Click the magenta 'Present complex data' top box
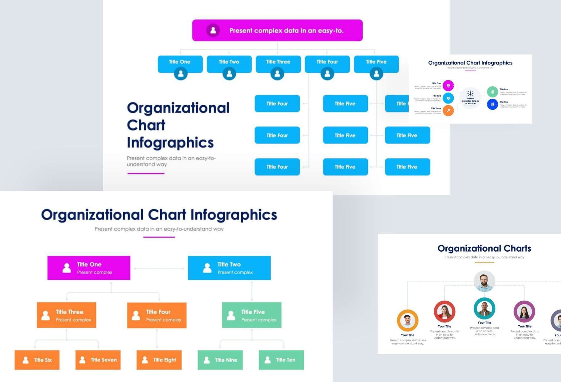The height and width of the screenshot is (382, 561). (277, 30)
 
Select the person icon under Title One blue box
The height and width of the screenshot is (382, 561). (181, 74)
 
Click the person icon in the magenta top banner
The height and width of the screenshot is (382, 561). (213, 30)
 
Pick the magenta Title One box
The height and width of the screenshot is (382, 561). (89, 268)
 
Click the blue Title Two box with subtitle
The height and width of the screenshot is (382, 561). (229, 268)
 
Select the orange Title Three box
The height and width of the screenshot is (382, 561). (66, 315)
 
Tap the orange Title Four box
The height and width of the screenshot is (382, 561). (157, 315)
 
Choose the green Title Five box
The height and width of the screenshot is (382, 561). (252, 315)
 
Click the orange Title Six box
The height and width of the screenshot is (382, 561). (37, 360)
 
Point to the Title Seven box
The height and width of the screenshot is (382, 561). (98, 360)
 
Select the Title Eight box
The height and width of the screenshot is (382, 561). (159, 360)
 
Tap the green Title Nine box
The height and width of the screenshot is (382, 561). (220, 360)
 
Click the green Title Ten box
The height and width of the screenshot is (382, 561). (281, 360)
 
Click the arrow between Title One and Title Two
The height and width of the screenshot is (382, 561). (159, 269)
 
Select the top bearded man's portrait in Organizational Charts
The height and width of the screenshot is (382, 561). (484, 281)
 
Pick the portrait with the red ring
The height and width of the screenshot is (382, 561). (444, 311)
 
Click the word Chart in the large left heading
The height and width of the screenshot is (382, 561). (146, 125)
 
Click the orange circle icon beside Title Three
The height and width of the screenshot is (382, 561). (448, 111)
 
